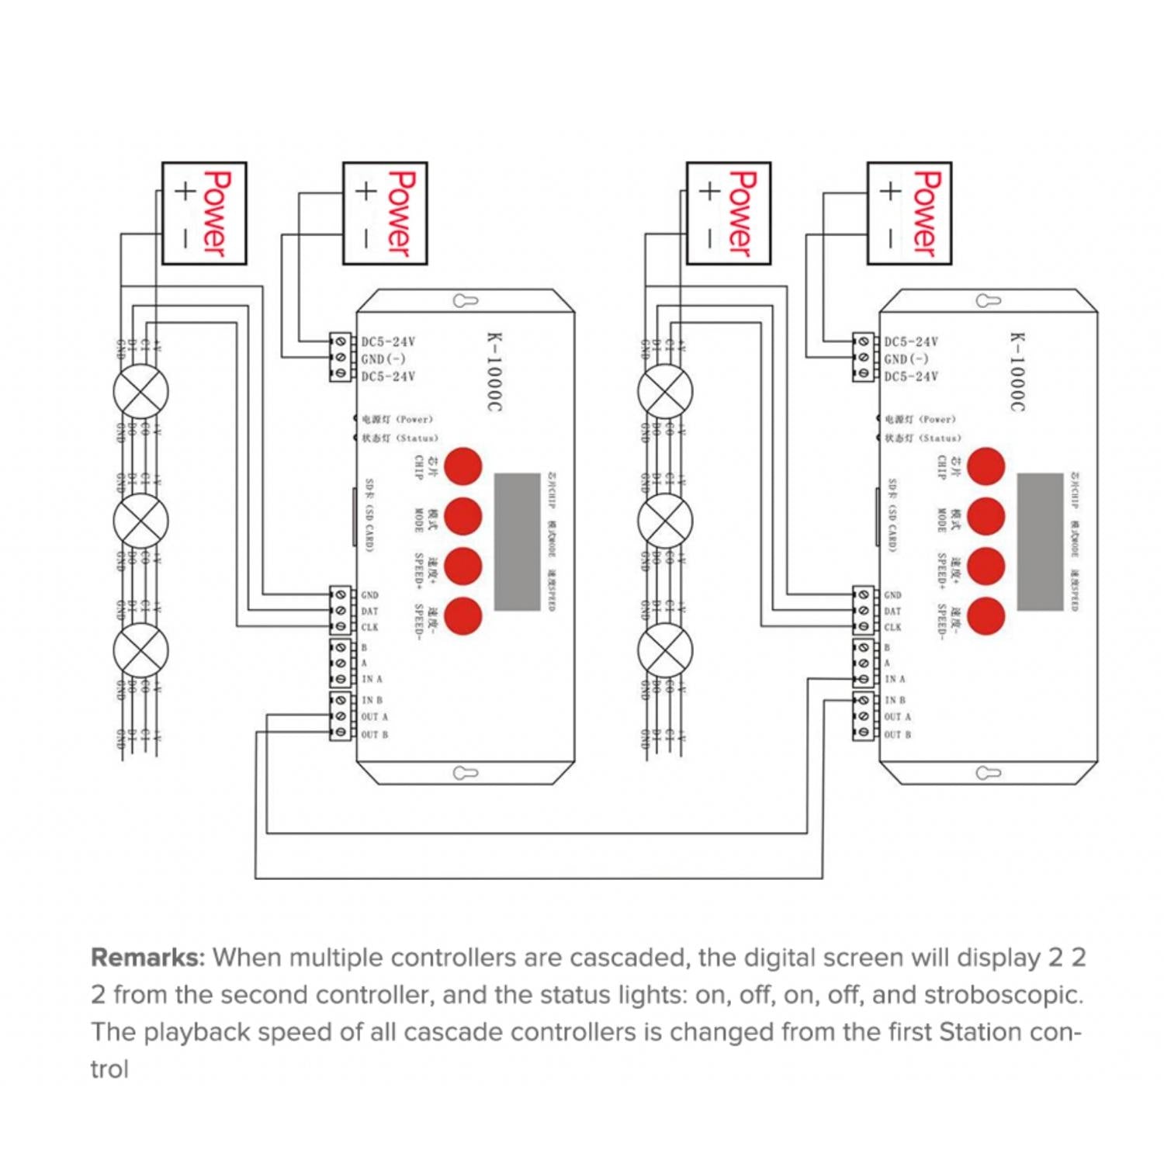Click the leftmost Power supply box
tap(203, 213)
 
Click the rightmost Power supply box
tap(909, 213)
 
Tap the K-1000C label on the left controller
tap(494, 372)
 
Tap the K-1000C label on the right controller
tap(1017, 372)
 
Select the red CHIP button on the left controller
tap(463, 466)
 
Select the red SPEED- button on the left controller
tap(463, 615)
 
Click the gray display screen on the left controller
tap(517, 542)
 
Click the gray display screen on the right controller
tap(1040, 542)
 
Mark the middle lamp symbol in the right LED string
tap(665, 520)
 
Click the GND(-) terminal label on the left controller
tap(383, 359)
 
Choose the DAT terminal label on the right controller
tap(892, 611)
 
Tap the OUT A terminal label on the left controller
tap(374, 717)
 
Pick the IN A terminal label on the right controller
tap(895, 679)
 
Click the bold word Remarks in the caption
tap(147, 958)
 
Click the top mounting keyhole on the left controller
tap(465, 301)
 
